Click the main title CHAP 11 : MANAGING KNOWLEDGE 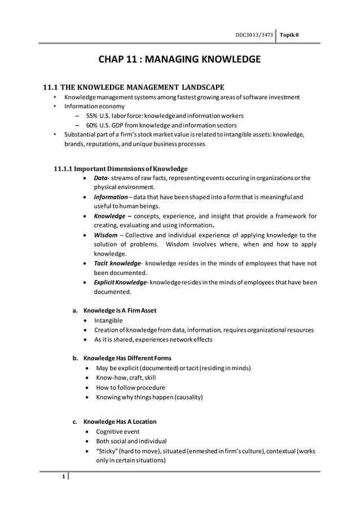[179, 59]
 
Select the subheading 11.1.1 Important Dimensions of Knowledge [120, 168]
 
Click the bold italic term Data [101, 178]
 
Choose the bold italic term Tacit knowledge [117, 264]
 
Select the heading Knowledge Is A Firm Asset [120, 310]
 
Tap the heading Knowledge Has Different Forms [127, 358]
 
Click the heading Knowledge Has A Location [120, 422]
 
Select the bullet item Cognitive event [117, 432]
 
